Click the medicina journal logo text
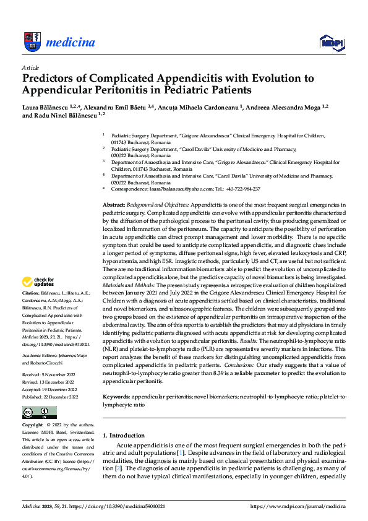[x=72, y=43]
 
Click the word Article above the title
[x=30, y=67]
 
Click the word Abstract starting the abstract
[x=113, y=204]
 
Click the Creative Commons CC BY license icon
[x=39, y=412]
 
